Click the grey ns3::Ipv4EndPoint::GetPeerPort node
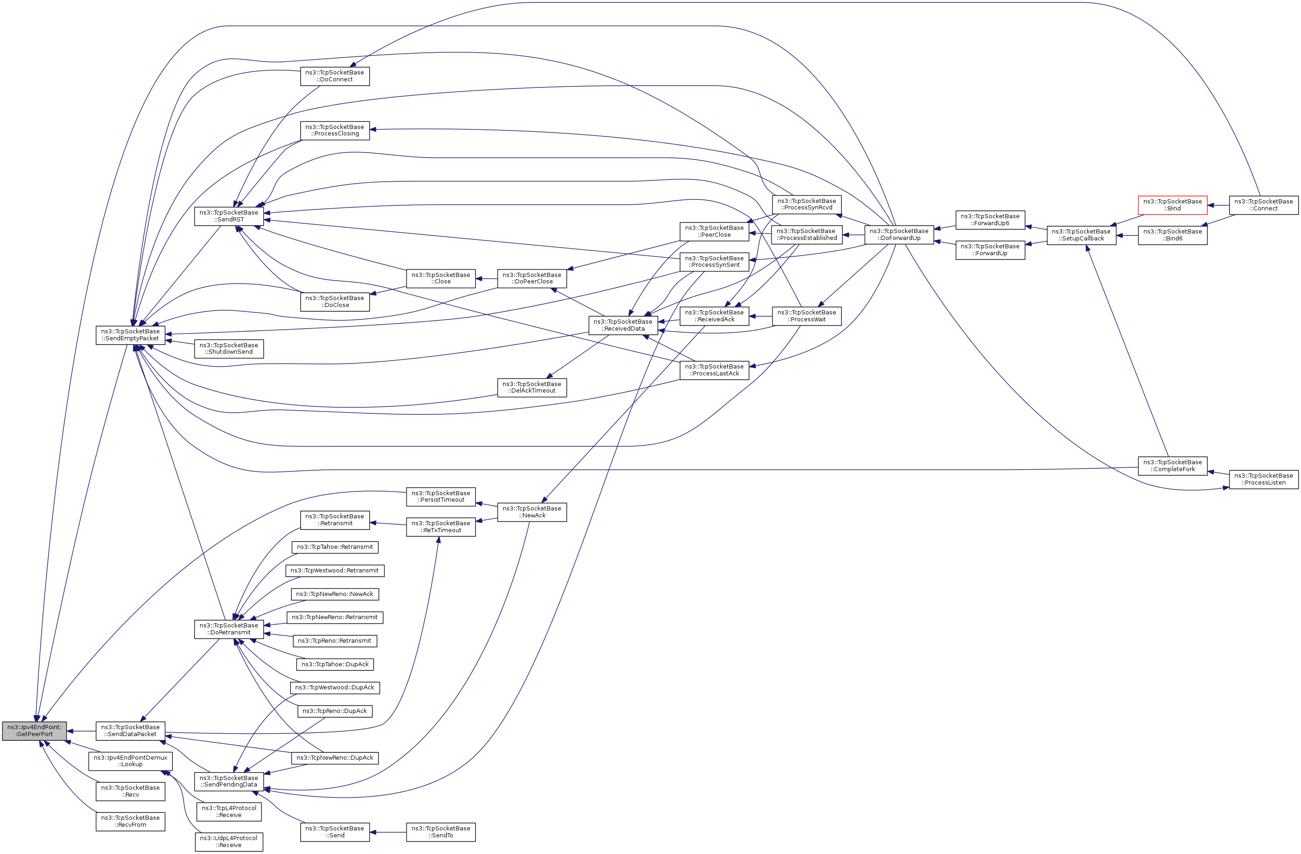click(x=35, y=731)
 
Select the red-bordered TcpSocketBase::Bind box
click(x=1172, y=205)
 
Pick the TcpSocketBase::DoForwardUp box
click(x=899, y=235)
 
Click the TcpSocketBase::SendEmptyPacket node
click(x=130, y=335)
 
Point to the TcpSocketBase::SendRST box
click(x=229, y=216)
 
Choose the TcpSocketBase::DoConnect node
click(x=334, y=76)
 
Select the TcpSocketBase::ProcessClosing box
click(x=334, y=130)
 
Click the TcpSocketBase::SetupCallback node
click(x=1081, y=235)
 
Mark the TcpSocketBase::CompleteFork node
click(x=1172, y=466)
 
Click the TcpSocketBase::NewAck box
click(x=532, y=512)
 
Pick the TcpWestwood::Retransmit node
click(x=334, y=571)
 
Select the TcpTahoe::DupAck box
click(x=334, y=664)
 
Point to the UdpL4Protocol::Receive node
click(x=229, y=842)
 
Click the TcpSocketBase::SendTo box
click(x=441, y=832)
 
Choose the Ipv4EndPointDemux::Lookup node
click(x=130, y=761)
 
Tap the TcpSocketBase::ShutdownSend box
click(x=229, y=349)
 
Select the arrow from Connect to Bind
click(x=1218, y=205)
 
